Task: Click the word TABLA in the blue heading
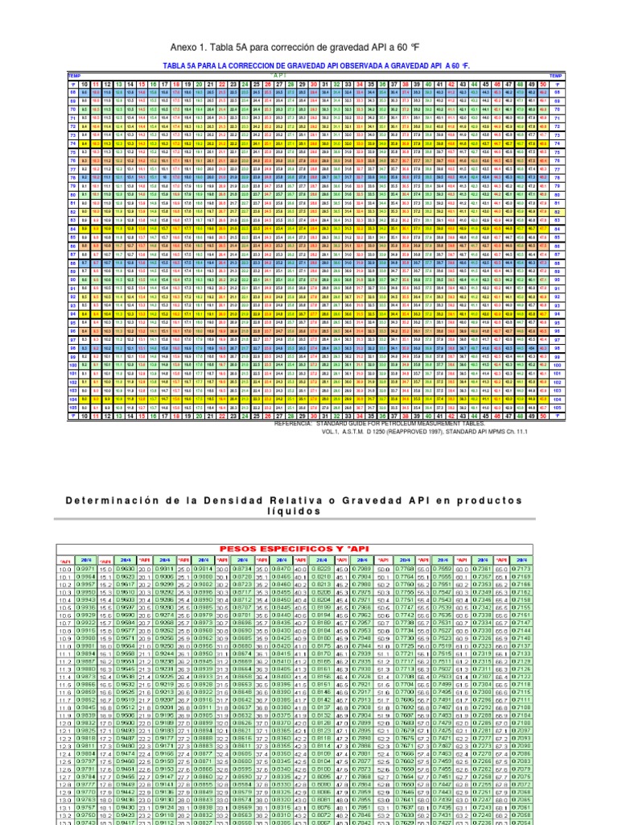[177, 64]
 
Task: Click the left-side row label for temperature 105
[73, 408]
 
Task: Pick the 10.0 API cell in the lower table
[65, 570]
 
